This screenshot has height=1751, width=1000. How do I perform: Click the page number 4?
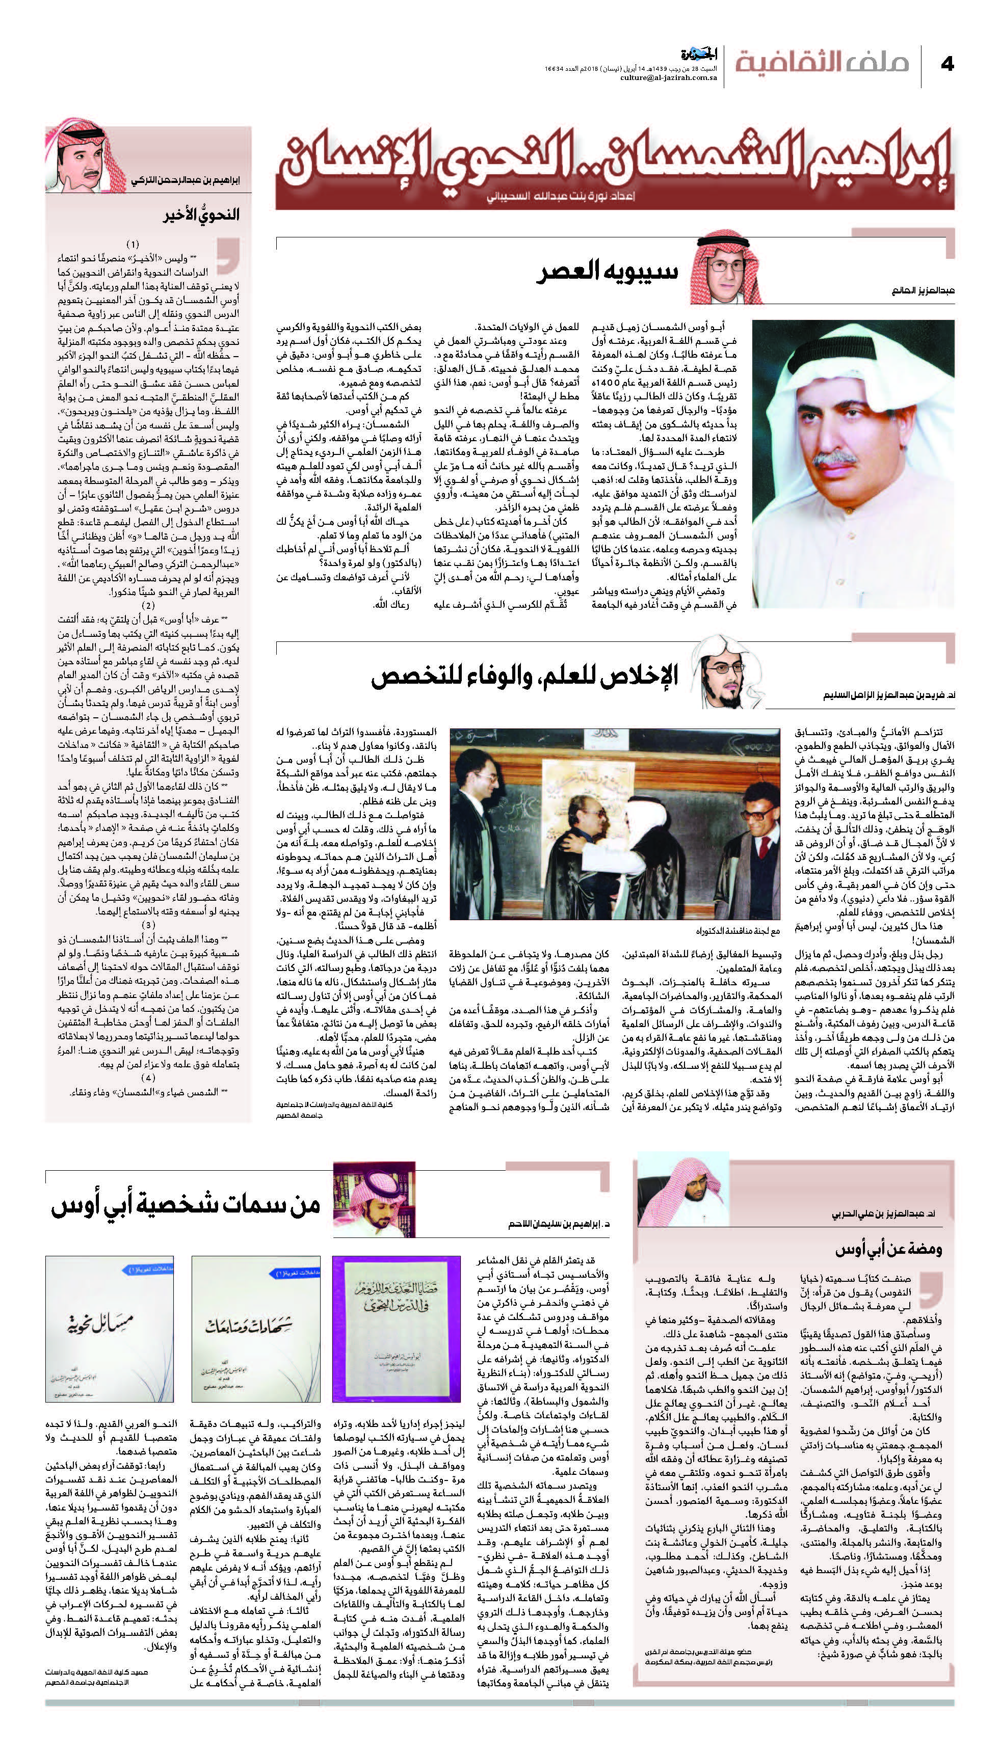pos(948,64)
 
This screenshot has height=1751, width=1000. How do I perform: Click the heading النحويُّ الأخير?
pos(201,213)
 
